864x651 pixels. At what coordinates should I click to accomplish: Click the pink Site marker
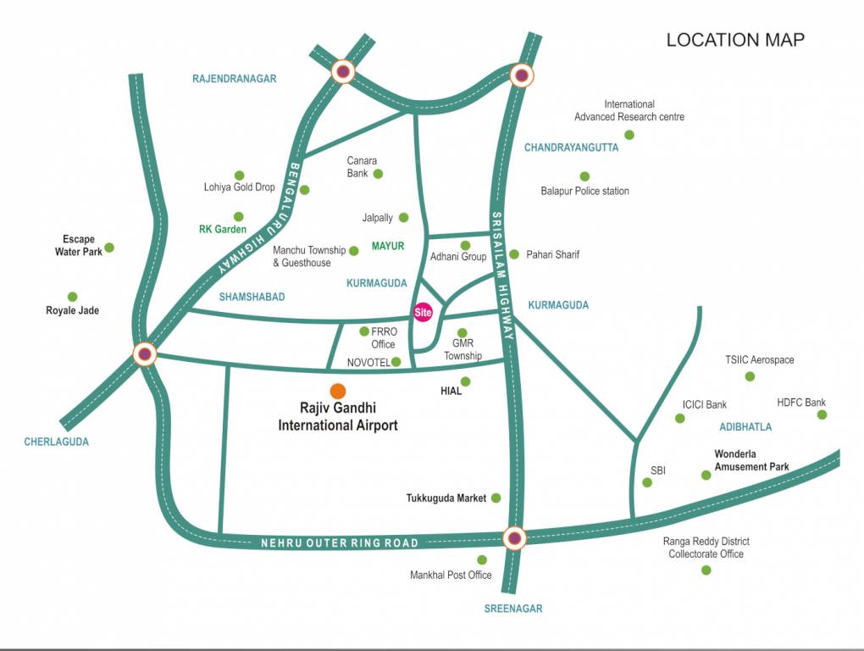(423, 312)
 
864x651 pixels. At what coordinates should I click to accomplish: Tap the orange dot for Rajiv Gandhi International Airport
(338, 391)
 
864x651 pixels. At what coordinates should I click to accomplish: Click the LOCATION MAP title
(734, 40)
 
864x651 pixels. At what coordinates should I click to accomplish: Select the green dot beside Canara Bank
(379, 174)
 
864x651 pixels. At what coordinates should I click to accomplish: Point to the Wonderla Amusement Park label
(751, 460)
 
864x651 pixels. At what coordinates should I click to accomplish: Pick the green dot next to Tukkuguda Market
(496, 498)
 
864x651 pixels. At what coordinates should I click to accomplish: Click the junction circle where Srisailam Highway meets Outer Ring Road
(514, 537)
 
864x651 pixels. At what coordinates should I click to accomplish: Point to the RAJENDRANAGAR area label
(235, 79)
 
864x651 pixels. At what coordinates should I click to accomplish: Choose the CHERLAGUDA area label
(56, 442)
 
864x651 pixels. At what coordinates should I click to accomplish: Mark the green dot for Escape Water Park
(109, 248)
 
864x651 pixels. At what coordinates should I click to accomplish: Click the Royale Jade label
(72, 310)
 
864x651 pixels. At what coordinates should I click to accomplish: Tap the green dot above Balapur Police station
(584, 176)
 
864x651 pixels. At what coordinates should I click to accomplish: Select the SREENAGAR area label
(513, 608)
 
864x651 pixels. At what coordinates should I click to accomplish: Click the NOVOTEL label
(368, 362)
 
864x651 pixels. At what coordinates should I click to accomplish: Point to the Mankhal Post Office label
(451, 575)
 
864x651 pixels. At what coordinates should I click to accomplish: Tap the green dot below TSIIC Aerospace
(750, 376)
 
